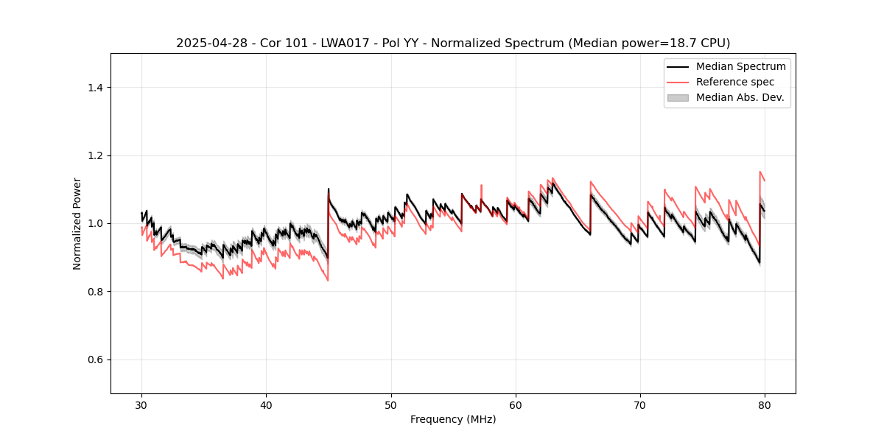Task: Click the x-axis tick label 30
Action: coord(142,405)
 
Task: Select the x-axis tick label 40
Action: coord(267,405)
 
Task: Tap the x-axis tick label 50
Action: coord(391,405)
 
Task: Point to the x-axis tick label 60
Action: coord(516,405)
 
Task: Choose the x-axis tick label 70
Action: coord(640,405)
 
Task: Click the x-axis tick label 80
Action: coord(765,405)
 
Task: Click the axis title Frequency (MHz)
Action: coord(453,419)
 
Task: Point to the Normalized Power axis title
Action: coord(77,223)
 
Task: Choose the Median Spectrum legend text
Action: coord(740,66)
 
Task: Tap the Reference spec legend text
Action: coord(739,82)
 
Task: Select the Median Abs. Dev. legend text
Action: coord(740,97)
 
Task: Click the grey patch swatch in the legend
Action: coord(678,97)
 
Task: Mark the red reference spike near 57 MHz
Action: coord(481,186)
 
